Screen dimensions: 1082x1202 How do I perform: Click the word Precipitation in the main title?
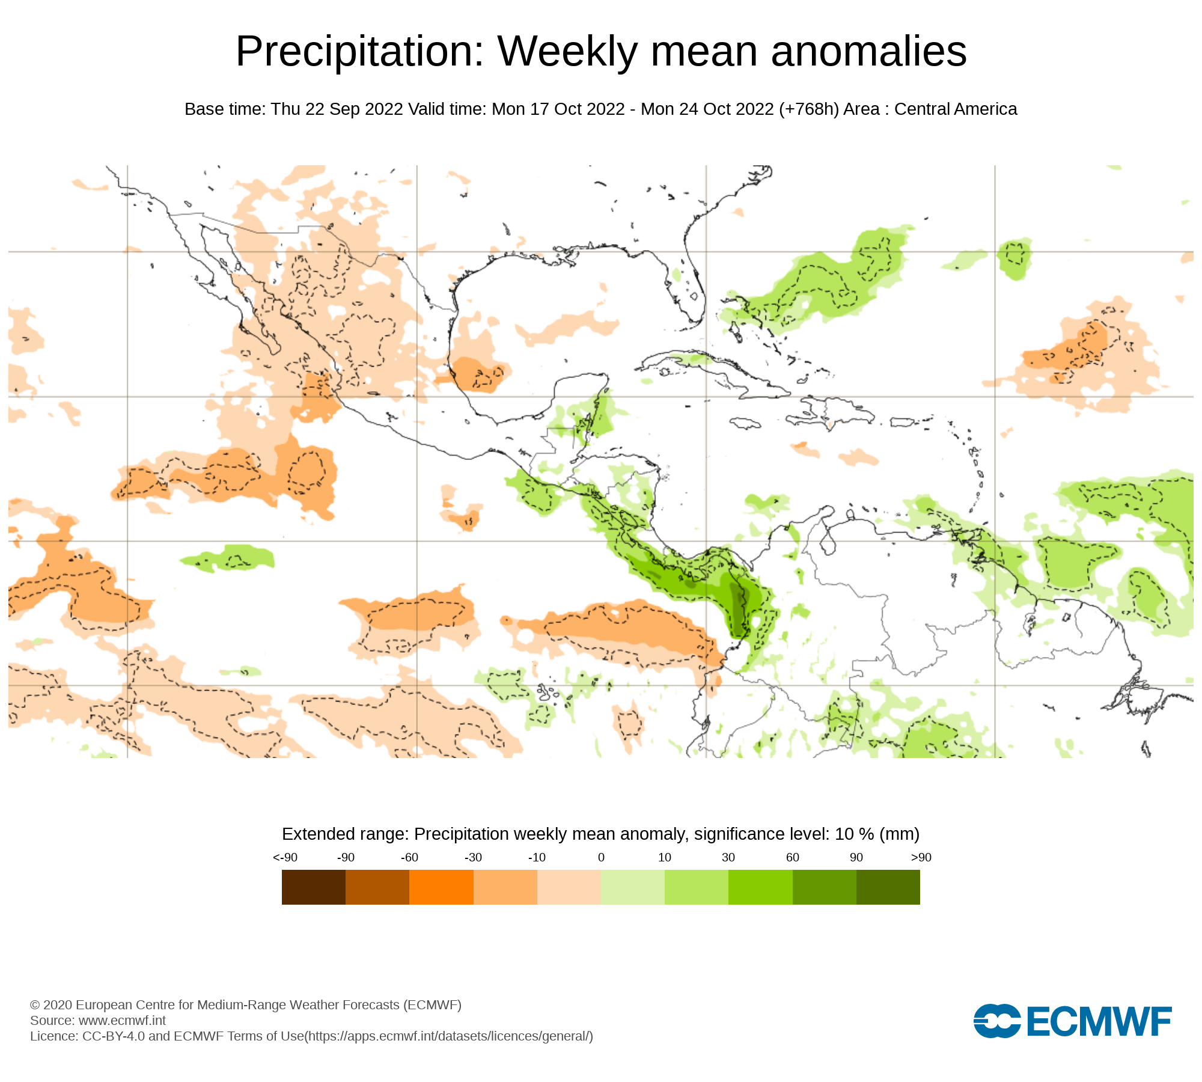tap(359, 52)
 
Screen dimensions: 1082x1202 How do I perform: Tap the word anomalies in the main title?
tap(868, 52)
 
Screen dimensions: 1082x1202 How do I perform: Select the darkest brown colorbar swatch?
tap(313, 887)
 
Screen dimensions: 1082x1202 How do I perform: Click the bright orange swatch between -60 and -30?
tap(441, 887)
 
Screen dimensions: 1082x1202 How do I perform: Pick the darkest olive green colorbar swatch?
tap(888, 887)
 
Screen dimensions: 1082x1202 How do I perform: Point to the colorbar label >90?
tap(921, 857)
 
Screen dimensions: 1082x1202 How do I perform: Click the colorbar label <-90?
tap(285, 857)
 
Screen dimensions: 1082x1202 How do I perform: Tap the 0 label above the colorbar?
tap(601, 857)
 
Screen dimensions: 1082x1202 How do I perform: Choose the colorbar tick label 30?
tap(728, 857)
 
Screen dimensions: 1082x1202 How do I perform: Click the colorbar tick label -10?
tap(537, 857)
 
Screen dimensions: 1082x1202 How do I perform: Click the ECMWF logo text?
tap(1099, 1021)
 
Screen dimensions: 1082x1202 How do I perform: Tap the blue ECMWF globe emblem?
tap(997, 1021)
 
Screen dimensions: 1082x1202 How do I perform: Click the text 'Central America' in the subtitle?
tap(956, 109)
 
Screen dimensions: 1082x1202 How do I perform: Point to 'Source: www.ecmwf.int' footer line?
tap(98, 1020)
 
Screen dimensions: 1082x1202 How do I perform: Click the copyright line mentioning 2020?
tap(245, 1004)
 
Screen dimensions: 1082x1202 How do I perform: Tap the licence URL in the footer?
tap(448, 1036)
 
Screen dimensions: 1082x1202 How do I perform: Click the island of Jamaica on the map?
tap(745, 423)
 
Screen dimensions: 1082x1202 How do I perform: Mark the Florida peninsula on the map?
tap(691, 283)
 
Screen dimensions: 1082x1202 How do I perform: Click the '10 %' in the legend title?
tap(854, 834)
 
